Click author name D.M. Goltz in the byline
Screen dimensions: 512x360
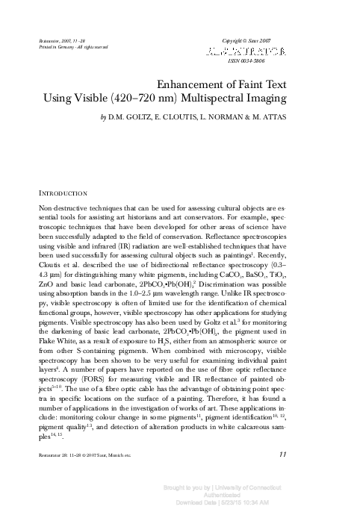130,117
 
